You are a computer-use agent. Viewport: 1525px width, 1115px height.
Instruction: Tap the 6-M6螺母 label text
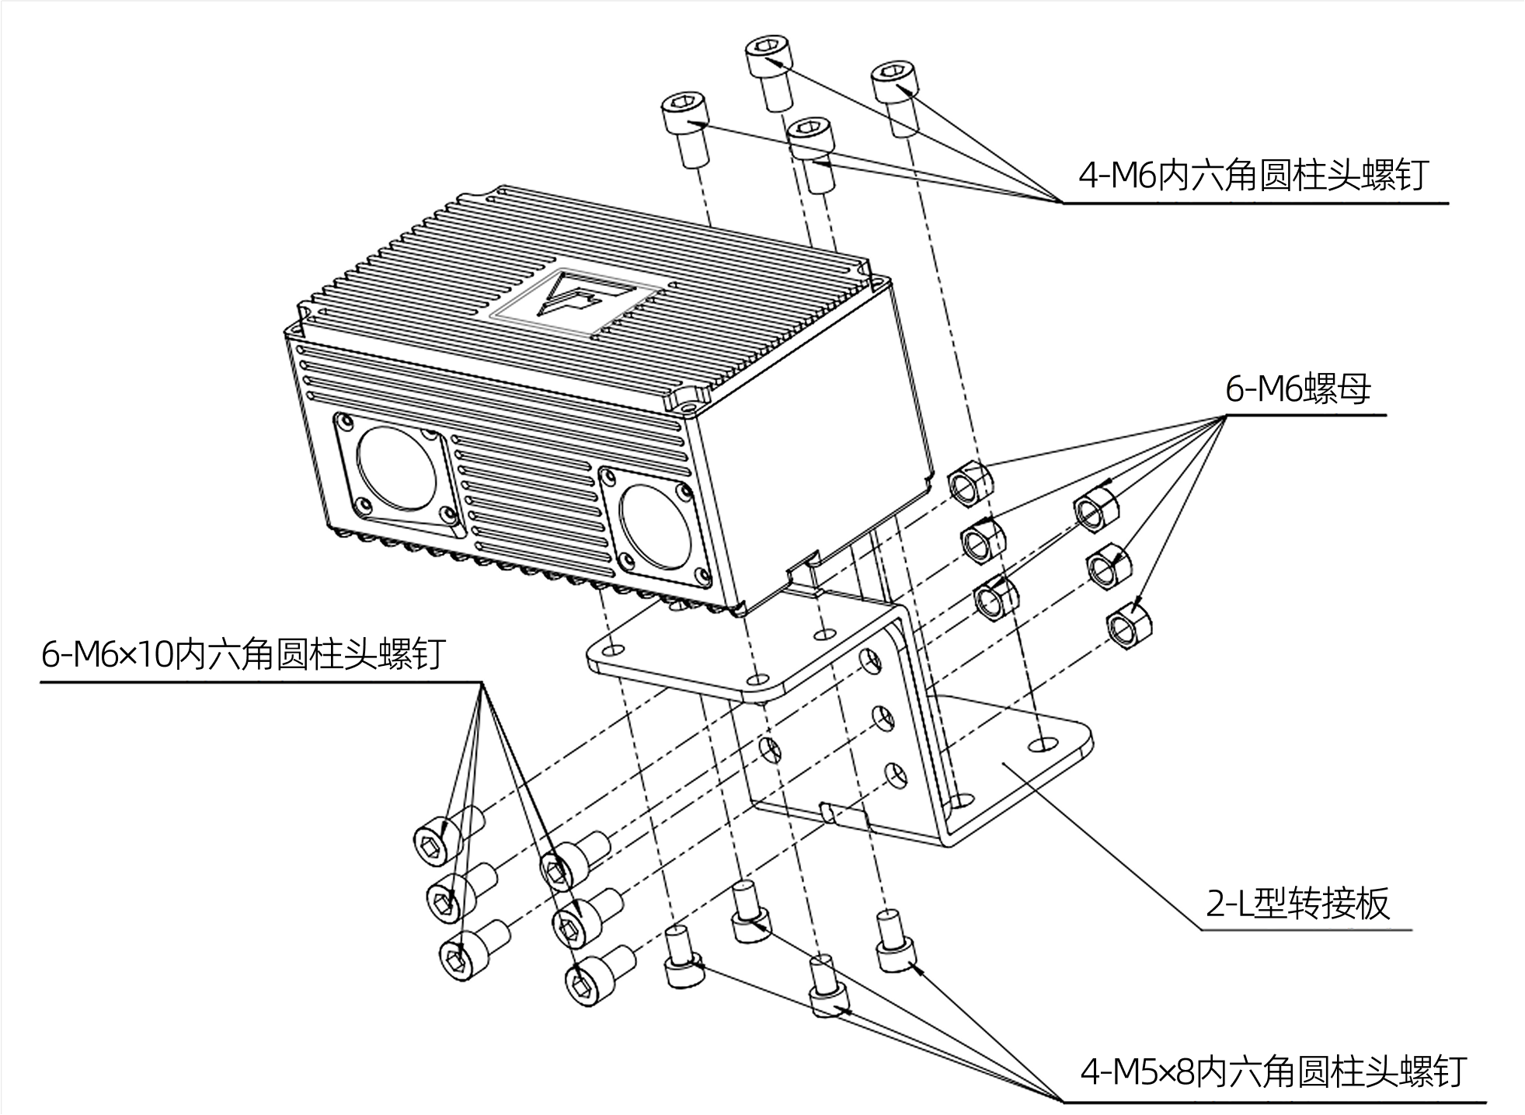tap(1297, 389)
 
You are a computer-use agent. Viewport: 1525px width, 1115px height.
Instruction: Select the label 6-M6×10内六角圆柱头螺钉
tap(243, 655)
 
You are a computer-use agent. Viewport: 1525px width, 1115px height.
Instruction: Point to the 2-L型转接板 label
tap(1297, 904)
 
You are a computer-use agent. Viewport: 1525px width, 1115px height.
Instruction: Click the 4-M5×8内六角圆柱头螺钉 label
tap(1273, 1073)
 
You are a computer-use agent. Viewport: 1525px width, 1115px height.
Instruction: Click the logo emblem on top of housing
tap(575, 299)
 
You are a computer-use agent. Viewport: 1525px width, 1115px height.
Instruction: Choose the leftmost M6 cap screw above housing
tap(686, 128)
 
